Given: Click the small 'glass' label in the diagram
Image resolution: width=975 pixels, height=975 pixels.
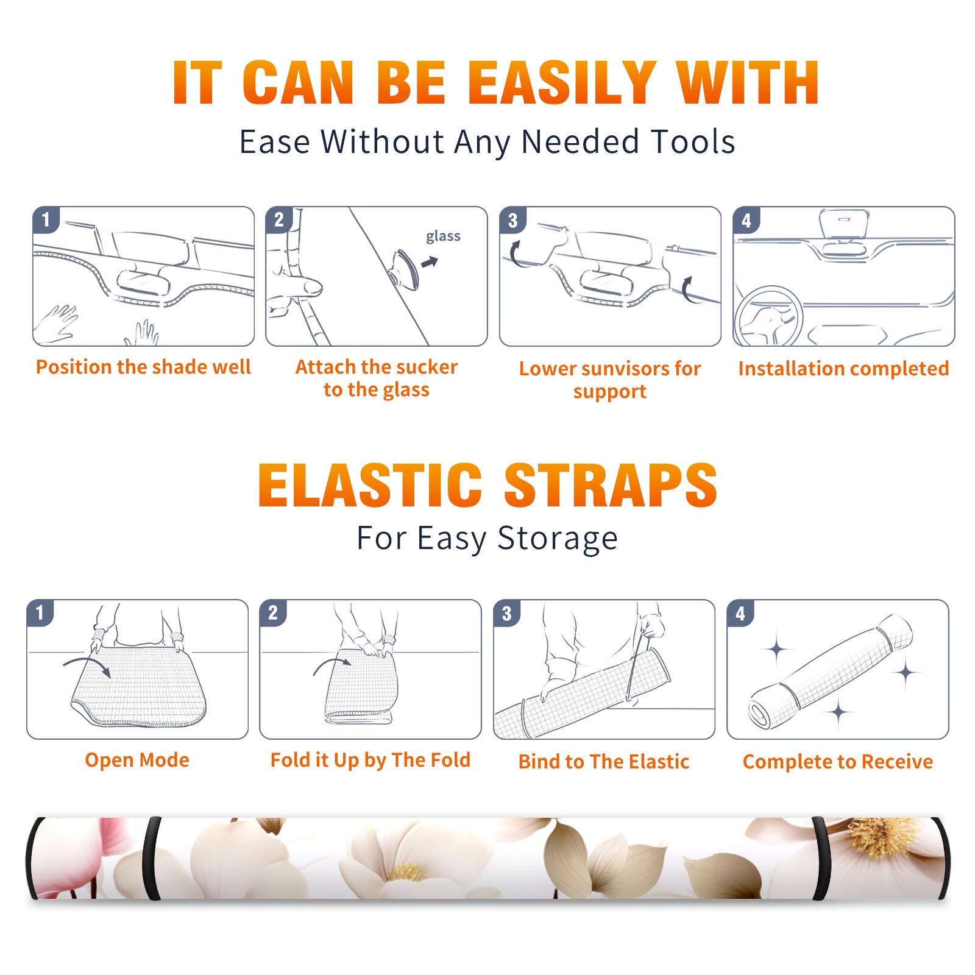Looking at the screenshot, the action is pos(443,236).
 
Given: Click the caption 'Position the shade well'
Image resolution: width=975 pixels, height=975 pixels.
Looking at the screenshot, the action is pos(143,367).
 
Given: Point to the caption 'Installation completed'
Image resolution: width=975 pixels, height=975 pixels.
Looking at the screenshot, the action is pos(843,369).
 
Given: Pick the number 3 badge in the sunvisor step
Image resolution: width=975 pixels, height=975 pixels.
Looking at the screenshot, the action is pos(512,220).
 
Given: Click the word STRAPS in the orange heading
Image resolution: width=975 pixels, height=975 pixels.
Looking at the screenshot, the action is pos(611,486).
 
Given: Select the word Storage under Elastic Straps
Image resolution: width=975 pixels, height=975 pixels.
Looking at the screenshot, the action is pos(558,539).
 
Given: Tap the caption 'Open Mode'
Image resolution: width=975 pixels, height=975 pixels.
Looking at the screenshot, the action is pos(137,760).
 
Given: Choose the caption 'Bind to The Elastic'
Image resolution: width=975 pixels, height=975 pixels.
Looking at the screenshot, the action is pos(604,762).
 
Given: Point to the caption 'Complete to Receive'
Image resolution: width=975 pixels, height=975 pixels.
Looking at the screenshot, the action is pos(838,762).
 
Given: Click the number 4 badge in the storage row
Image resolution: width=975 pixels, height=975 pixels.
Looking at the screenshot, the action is pos(740,613).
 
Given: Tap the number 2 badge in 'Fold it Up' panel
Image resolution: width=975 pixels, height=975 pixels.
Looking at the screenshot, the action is pos(273,612).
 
